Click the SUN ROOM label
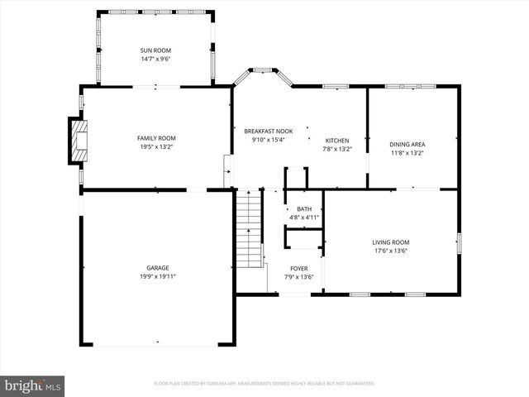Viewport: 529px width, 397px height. (x=156, y=50)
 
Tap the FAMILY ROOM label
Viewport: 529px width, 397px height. (x=156, y=138)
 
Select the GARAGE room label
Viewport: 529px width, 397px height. (x=158, y=268)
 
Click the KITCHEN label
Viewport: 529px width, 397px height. (x=337, y=141)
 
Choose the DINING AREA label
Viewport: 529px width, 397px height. (x=407, y=144)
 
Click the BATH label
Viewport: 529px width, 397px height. (x=304, y=209)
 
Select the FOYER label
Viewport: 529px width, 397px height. (x=298, y=269)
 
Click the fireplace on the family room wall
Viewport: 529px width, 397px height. (x=76, y=139)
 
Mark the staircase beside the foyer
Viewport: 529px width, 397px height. (x=249, y=227)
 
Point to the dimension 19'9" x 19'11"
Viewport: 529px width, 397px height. (x=158, y=276)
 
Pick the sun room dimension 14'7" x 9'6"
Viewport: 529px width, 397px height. (x=156, y=60)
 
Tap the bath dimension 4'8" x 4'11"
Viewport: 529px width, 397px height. (x=304, y=218)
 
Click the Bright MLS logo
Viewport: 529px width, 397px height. (x=32, y=385)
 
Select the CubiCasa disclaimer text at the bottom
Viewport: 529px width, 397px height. (x=264, y=384)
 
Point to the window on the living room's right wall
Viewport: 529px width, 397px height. (x=459, y=243)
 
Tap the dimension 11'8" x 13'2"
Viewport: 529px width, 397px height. (x=407, y=152)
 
